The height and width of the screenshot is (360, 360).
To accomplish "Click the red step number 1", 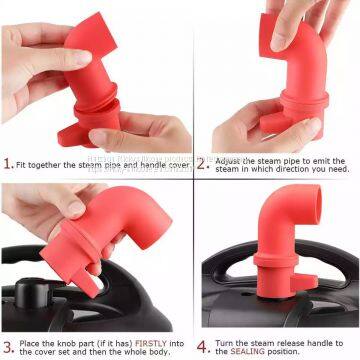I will coord(8,163).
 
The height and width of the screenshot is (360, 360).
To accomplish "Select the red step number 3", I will coord(8,347).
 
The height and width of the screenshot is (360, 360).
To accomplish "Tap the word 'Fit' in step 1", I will coord(24,164).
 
